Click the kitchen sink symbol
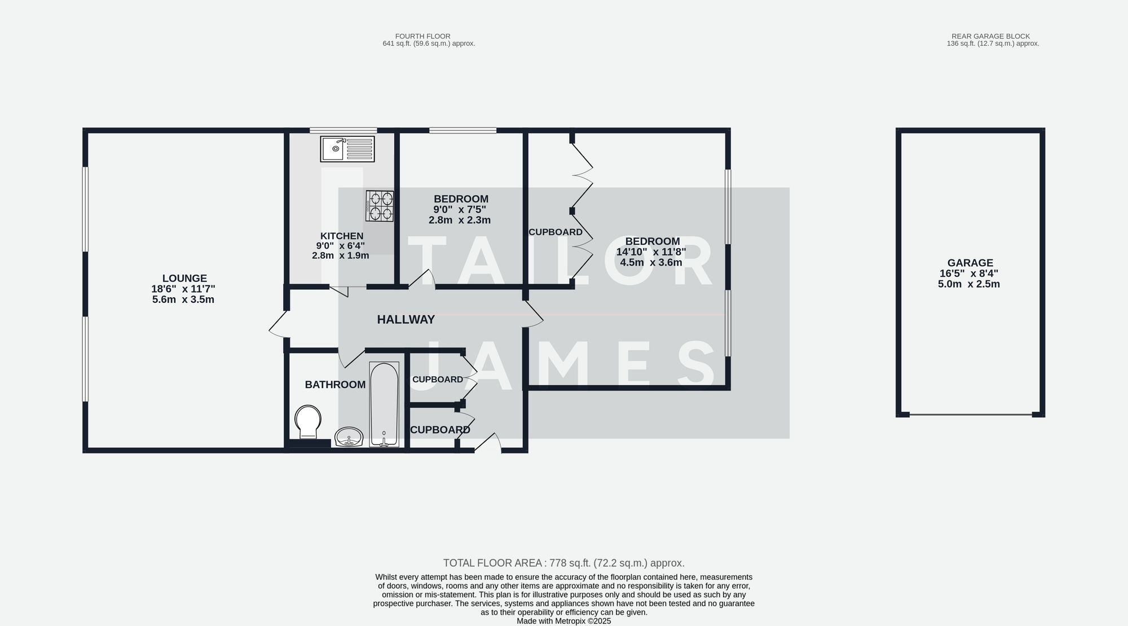[x=347, y=149]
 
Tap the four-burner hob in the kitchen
[x=380, y=206]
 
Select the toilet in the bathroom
[x=308, y=421]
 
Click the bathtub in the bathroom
[x=384, y=404]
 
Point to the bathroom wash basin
[x=349, y=437]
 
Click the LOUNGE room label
[x=184, y=278]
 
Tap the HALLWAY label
[x=406, y=320]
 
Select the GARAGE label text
[x=970, y=263]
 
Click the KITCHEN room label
[x=342, y=236]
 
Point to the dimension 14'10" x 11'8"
[x=651, y=252]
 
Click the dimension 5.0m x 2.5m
[x=968, y=284]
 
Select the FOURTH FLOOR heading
[x=422, y=36]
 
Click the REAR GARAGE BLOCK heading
[x=990, y=36]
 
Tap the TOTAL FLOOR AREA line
[x=563, y=563]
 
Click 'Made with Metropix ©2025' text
[x=563, y=621]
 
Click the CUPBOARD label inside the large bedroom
[x=555, y=232]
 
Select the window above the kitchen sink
[x=343, y=130]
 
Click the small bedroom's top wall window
[x=462, y=130]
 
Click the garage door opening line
[x=970, y=415]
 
